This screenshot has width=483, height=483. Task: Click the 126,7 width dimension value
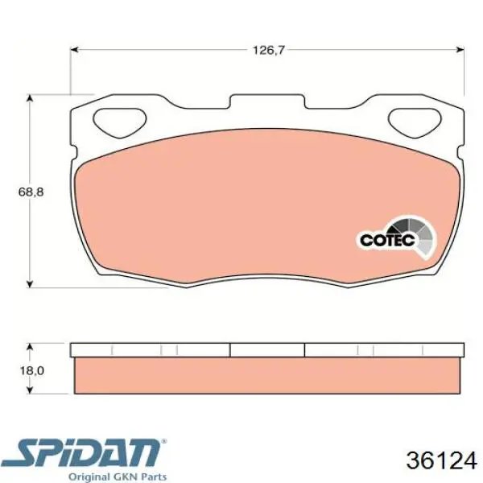tap(268, 50)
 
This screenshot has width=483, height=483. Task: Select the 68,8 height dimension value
tap(31, 192)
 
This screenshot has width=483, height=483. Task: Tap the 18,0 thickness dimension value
tap(31, 370)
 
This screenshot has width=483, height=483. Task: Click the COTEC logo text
tap(387, 240)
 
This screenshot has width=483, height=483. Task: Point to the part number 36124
tap(441, 460)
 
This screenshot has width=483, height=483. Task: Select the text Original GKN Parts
tap(118, 477)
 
